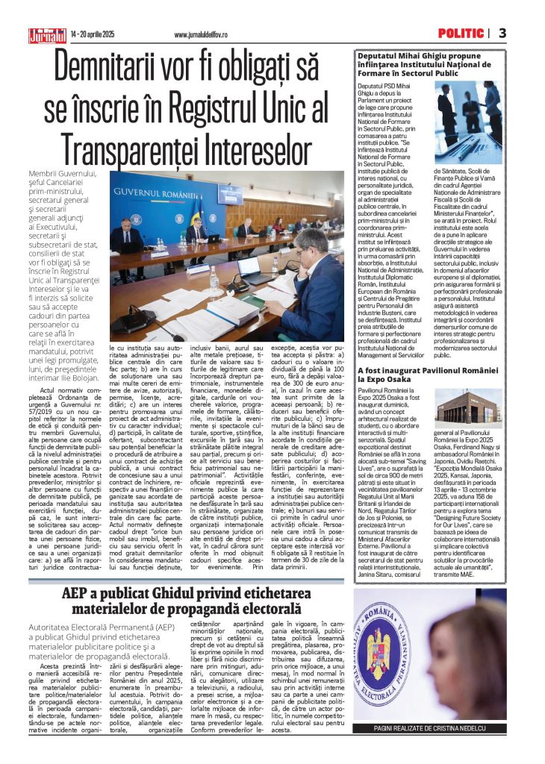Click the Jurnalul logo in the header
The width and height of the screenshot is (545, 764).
click(x=47, y=34)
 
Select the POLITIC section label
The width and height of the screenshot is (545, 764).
click(x=461, y=34)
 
